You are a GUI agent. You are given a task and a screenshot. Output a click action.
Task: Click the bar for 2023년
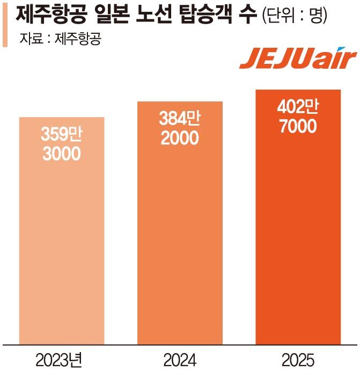click(x=62, y=231)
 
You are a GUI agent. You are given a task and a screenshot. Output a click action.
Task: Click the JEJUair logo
click(x=298, y=60)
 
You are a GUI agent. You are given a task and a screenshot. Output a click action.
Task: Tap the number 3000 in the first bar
click(x=62, y=154)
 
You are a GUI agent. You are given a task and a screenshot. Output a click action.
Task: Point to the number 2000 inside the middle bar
click(x=180, y=138)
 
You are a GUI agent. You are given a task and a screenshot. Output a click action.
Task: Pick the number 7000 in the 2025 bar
click(x=298, y=127)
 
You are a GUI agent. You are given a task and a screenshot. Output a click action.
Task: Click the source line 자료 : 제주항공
click(x=60, y=39)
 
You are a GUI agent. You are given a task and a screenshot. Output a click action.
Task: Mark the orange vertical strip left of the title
click(x=5, y=24)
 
